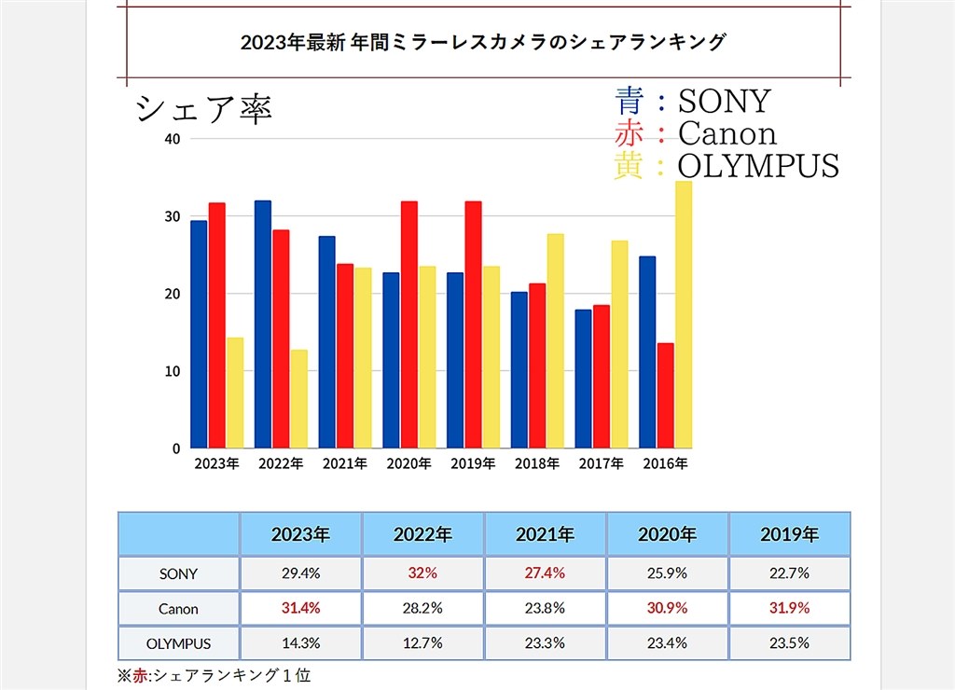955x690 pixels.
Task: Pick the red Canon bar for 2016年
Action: tap(665, 395)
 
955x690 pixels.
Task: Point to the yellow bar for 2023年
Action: tap(235, 393)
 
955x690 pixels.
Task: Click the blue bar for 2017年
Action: tap(583, 379)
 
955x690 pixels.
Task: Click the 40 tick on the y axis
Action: tap(172, 139)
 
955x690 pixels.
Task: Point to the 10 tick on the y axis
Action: tap(172, 371)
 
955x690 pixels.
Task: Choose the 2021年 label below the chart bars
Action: tap(344, 463)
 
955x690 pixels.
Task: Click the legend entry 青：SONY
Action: tap(692, 101)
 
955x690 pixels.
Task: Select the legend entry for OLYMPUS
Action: tap(727, 166)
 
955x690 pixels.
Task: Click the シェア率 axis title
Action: tap(203, 108)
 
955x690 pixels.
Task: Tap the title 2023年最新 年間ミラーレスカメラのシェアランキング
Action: tap(482, 42)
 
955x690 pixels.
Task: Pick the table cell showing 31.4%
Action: tap(300, 608)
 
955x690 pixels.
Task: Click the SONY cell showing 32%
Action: tap(422, 573)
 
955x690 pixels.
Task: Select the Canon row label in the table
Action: tap(178, 608)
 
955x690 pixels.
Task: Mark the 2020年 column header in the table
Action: tap(667, 534)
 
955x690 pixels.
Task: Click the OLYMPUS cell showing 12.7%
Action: tap(422, 643)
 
